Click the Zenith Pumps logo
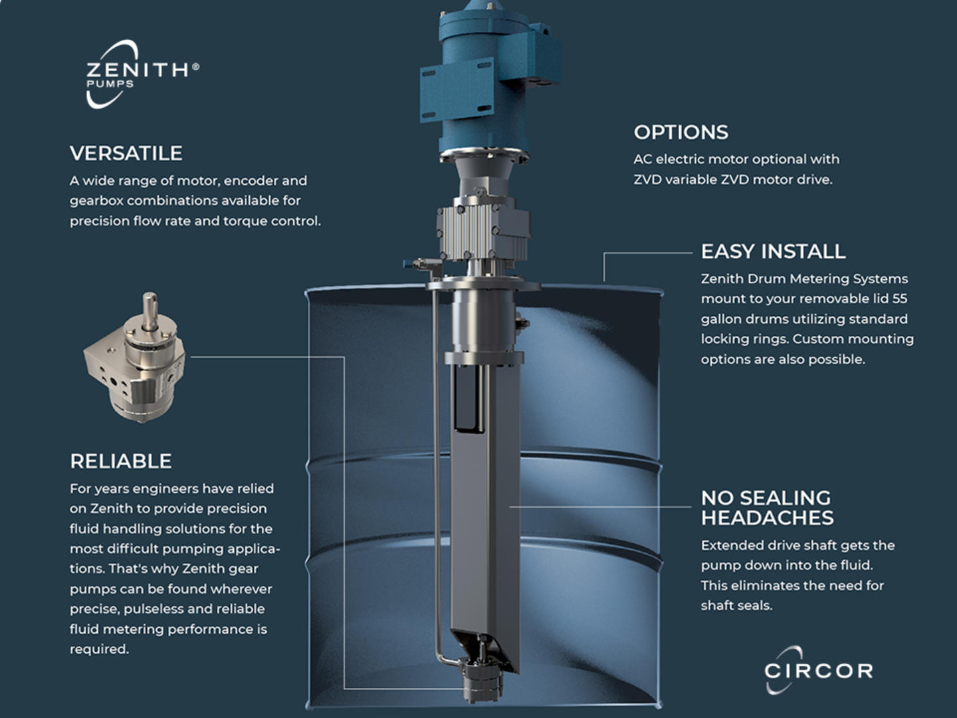tap(143, 73)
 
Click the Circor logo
tap(819, 670)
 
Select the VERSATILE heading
tap(126, 154)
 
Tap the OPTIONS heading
tap(681, 132)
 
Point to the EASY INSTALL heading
tap(773, 251)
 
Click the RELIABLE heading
tap(121, 461)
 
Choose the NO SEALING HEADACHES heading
tap(768, 508)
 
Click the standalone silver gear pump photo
tap(134, 358)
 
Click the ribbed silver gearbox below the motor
tap(483, 233)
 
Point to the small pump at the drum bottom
tap(482, 681)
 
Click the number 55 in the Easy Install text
tap(899, 299)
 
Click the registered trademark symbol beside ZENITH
tap(196, 66)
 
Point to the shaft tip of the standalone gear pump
tap(150, 297)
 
